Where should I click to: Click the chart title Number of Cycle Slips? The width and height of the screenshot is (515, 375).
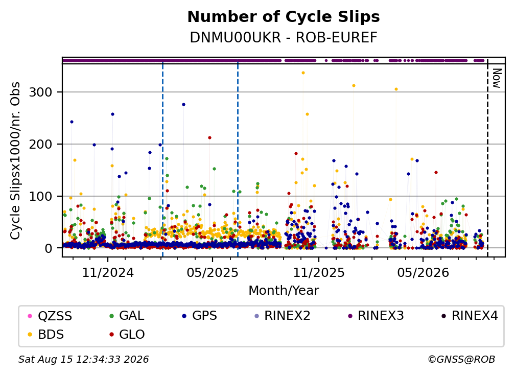pos(284,17)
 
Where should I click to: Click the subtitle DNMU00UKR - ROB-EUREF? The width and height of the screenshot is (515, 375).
pos(284,38)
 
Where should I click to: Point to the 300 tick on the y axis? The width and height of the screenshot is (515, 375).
pos(41,92)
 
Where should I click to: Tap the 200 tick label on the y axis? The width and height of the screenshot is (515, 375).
pos(41,144)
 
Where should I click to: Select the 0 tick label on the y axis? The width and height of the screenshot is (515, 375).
pos(49,248)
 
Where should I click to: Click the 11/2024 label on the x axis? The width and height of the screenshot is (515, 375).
pos(108,272)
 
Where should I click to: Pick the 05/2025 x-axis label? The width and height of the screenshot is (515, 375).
pos(213,272)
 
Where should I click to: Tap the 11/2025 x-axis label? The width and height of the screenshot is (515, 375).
pos(319,272)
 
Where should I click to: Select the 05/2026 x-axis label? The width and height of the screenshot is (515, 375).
pos(423,272)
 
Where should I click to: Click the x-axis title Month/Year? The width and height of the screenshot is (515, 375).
pos(284,291)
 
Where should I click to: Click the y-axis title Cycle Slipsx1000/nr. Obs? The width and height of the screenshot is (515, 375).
pos(15,160)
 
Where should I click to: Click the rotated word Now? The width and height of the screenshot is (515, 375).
pos(497,78)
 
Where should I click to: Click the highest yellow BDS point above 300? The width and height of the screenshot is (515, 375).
pos(303,73)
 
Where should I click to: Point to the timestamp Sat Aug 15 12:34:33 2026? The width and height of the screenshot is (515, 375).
pos(83,360)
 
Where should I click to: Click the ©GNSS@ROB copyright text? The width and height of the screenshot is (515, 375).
pos(461,360)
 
